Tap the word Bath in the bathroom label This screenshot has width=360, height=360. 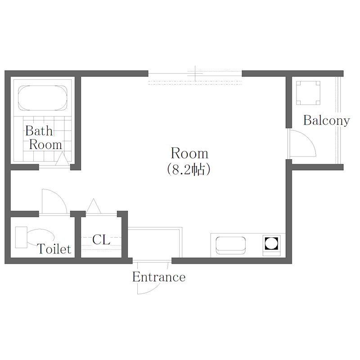[39, 131]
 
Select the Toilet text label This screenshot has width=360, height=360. [54, 249]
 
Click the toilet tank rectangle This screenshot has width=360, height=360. [21, 237]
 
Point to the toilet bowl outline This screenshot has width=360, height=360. [41, 237]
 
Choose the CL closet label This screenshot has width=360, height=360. [101, 240]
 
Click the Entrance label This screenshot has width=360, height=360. [159, 277]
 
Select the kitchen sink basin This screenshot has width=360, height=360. [230, 245]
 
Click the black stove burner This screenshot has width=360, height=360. [271, 243]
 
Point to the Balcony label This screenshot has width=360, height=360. [327, 120]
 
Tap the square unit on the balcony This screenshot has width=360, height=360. [308, 93]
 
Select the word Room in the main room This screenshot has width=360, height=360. [189, 153]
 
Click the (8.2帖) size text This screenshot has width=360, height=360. [189, 170]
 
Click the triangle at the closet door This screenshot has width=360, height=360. [93, 206]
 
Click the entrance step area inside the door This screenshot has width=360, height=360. [155, 243]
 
